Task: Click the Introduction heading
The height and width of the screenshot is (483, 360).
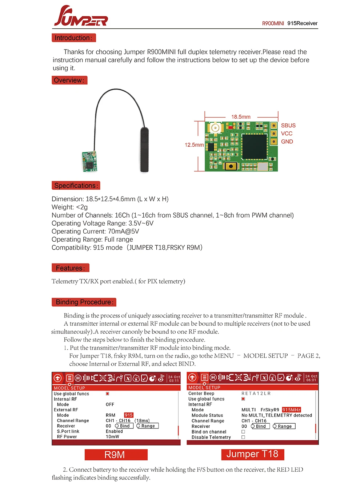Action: coord(73,38)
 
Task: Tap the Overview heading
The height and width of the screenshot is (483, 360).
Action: coord(69,80)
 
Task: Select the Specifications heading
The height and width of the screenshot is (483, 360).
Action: coord(76,186)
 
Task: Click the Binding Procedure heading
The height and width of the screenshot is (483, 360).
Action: coord(84,302)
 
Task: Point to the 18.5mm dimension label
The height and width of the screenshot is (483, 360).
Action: coord(241,117)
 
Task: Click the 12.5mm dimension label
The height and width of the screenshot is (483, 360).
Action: coord(194,145)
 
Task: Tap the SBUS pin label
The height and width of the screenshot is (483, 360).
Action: coord(288,126)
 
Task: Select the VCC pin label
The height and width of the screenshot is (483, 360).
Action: coord(287,134)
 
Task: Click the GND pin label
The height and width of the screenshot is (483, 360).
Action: coord(287,142)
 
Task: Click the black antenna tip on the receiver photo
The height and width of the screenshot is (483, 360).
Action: coord(144,149)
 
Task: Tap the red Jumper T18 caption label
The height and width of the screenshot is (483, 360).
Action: coord(252,454)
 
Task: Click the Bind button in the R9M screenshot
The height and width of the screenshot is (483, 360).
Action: coord(124,426)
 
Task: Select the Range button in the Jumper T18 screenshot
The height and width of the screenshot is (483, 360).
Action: coord(284,426)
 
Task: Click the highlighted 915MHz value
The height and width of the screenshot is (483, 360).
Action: coord(292,410)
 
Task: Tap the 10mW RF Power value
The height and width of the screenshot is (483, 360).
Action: coord(112,437)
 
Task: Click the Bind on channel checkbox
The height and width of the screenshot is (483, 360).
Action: coord(243,432)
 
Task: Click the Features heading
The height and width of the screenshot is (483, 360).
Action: coord(70,268)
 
